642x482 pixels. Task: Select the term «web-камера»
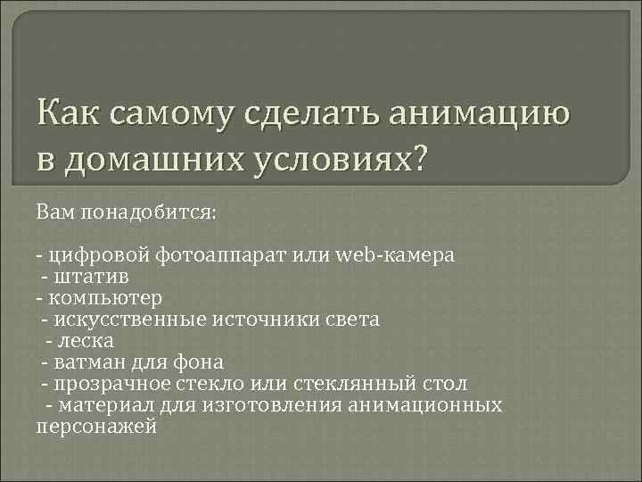click(398, 255)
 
